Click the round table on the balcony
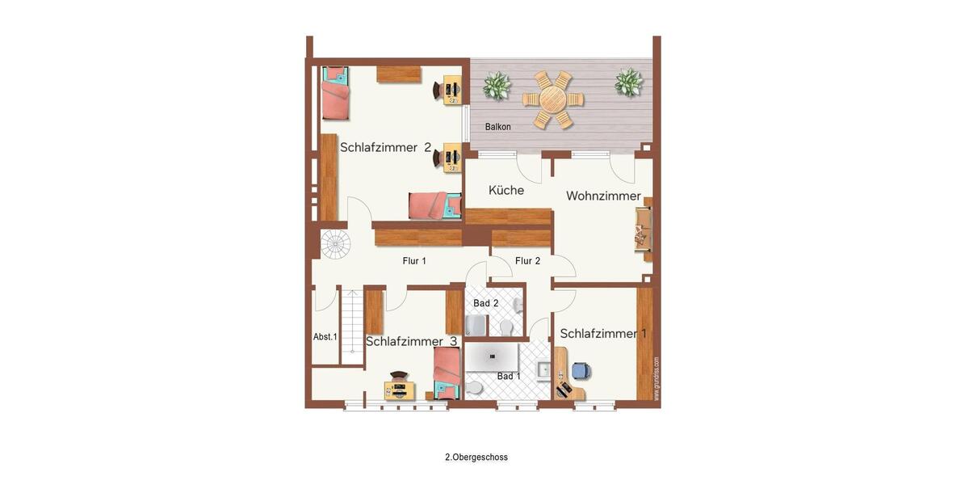(553, 99)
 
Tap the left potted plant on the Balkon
(497, 85)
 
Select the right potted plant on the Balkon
(628, 82)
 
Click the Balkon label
(498, 127)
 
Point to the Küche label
(506, 191)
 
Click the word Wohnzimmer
(603, 196)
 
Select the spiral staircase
(335, 243)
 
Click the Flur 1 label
(414, 261)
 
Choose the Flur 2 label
(527, 261)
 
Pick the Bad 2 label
(485, 303)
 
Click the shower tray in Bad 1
(492, 356)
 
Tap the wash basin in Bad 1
(544, 371)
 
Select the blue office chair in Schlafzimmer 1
(581, 371)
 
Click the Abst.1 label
(325, 337)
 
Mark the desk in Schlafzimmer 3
(399, 391)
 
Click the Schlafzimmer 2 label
(385, 147)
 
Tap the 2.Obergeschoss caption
(476, 458)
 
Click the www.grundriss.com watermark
(656, 378)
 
